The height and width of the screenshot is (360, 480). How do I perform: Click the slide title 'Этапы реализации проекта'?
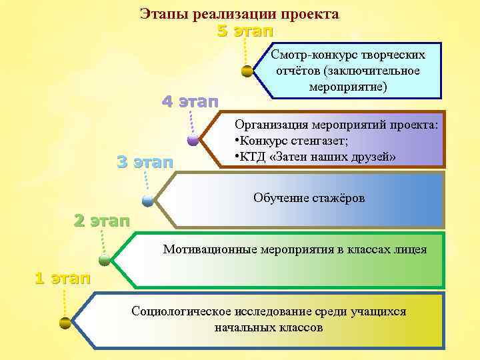click(x=239, y=14)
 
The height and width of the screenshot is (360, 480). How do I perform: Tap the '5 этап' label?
click(x=245, y=31)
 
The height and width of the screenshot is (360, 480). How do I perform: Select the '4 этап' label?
click(x=191, y=102)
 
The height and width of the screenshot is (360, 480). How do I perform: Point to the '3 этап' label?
click(x=145, y=161)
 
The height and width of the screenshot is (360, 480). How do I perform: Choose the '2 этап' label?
click(x=101, y=221)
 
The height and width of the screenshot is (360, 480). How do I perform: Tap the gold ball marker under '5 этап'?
click(x=247, y=70)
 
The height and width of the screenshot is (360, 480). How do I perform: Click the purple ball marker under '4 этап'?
click(x=193, y=140)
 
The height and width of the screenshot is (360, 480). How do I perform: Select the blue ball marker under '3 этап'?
click(x=147, y=199)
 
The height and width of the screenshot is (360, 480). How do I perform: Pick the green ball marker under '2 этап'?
click(x=105, y=259)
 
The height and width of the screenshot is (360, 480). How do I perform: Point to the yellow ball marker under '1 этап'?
click(x=65, y=323)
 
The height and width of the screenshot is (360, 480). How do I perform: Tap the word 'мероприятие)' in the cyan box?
click(x=348, y=87)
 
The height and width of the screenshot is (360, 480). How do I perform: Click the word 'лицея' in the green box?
click(x=411, y=250)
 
